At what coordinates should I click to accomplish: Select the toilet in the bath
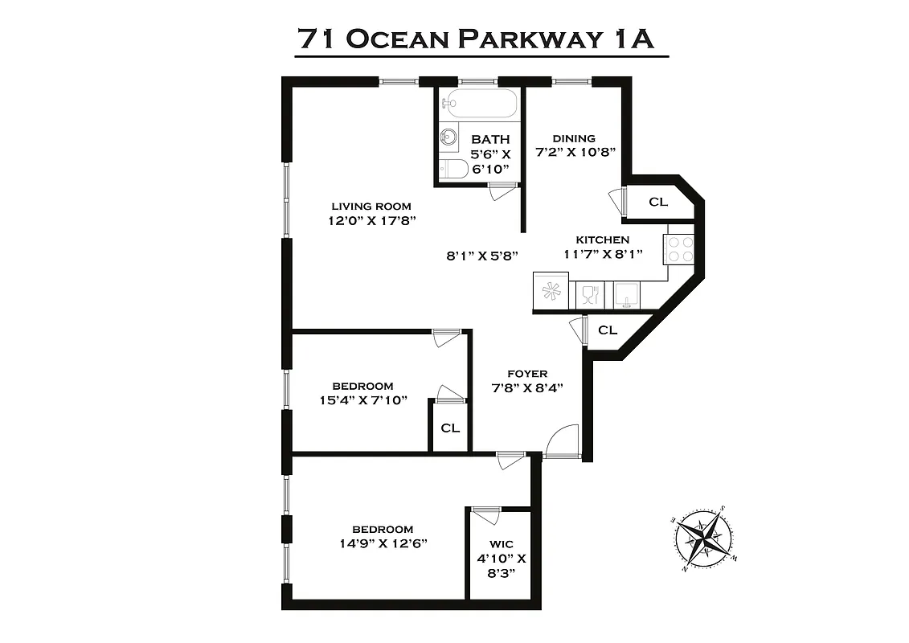tap(454, 169)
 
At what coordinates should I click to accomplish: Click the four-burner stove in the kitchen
tap(680, 249)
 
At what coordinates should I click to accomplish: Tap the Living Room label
tap(371, 206)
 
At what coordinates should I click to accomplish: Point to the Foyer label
tap(527, 374)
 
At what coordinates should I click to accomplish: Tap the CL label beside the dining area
tap(657, 202)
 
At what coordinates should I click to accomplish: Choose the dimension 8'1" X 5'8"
tap(482, 256)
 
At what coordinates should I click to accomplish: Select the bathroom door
tap(502, 191)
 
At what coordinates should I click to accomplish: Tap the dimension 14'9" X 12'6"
tap(383, 543)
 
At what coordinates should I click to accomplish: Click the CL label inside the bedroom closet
tap(450, 428)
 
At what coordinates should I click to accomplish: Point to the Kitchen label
tap(602, 240)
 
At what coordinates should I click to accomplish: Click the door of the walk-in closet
tap(485, 515)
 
